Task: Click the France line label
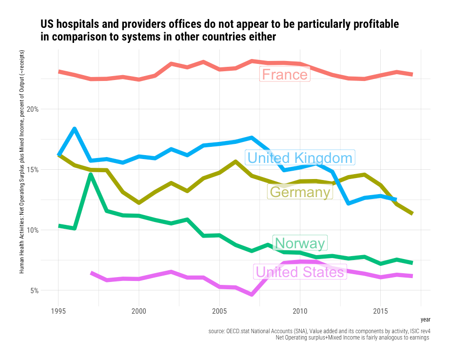(x=285, y=75)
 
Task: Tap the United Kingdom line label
(x=300, y=158)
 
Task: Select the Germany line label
(x=300, y=192)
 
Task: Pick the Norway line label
(x=299, y=243)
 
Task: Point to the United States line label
(x=300, y=272)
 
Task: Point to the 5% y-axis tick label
(x=47, y=291)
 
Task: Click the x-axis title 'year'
(x=426, y=319)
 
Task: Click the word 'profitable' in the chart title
(x=373, y=24)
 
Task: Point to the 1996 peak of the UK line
(x=75, y=129)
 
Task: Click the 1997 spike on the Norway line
(x=91, y=175)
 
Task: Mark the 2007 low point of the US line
(x=252, y=294)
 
